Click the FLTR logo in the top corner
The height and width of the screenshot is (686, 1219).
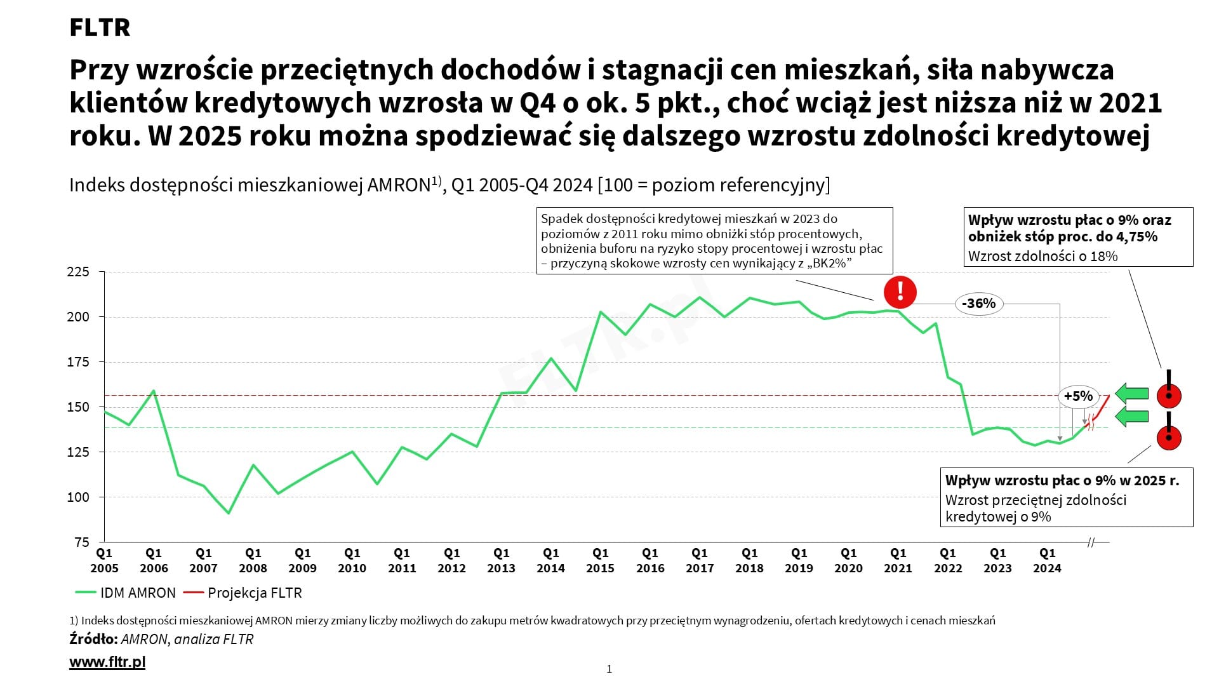click(100, 28)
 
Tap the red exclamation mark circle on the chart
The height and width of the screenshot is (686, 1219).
click(900, 292)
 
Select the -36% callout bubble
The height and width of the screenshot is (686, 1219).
click(978, 304)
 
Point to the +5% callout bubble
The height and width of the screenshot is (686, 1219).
click(1078, 396)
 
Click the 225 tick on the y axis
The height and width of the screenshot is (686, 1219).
click(78, 272)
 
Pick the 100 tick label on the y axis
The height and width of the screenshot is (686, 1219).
click(78, 497)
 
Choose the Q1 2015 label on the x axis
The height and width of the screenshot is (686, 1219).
click(600, 561)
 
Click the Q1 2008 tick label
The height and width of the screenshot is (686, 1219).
click(253, 561)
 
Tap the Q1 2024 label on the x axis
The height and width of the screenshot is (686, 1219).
click(1047, 561)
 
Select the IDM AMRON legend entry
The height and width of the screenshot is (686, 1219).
click(126, 593)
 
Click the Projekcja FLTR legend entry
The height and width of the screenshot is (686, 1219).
click(243, 593)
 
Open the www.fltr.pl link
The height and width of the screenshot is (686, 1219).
click(107, 662)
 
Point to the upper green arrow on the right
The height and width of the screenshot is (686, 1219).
click(1132, 394)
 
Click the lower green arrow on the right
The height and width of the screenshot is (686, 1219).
click(1132, 417)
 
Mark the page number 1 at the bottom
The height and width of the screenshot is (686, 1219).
click(609, 669)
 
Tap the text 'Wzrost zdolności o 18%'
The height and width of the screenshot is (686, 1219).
click(1042, 257)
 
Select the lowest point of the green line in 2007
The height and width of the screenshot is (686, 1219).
click(229, 513)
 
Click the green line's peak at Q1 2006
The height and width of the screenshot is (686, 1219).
click(154, 391)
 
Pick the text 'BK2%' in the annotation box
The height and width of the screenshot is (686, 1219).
click(829, 263)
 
